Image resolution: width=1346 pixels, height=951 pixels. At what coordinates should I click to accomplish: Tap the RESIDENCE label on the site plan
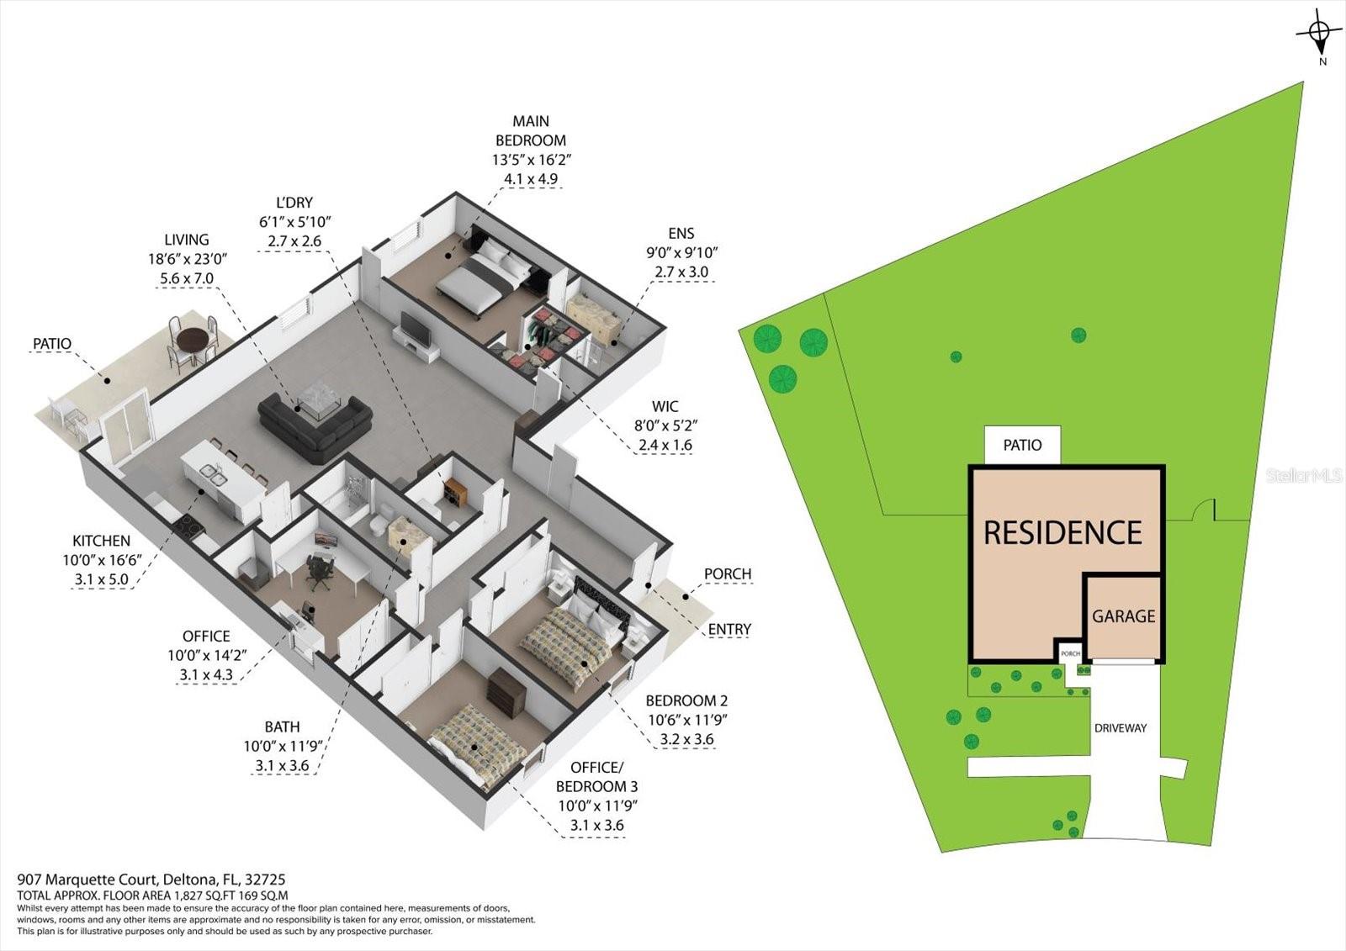(1062, 532)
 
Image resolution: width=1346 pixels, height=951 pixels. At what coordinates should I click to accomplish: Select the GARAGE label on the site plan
(1123, 616)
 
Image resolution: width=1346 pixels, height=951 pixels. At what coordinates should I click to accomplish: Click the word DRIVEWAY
(1120, 728)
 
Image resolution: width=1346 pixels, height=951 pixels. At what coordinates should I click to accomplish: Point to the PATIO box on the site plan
(1022, 445)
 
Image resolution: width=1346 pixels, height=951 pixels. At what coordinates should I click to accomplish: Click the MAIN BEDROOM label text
(530, 131)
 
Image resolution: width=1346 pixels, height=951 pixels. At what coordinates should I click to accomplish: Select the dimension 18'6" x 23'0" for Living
(188, 259)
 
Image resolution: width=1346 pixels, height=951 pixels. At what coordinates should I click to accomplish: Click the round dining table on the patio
(192, 341)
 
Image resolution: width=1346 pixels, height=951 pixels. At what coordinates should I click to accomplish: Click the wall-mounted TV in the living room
(415, 329)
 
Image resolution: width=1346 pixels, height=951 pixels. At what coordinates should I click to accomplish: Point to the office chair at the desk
(318, 571)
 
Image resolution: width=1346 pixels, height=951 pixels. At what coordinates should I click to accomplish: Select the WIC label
(664, 406)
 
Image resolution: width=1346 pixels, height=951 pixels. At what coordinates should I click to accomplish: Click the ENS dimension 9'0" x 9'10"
(681, 252)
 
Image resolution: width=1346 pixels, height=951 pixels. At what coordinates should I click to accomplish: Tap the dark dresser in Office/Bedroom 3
(507, 693)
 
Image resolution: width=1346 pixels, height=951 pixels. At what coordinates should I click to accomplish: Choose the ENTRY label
(729, 629)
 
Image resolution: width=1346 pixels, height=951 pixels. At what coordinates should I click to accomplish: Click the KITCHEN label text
(101, 541)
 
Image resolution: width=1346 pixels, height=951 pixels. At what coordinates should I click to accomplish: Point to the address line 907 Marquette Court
(151, 880)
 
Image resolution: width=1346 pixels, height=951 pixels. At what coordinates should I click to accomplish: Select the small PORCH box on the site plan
(1070, 653)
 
